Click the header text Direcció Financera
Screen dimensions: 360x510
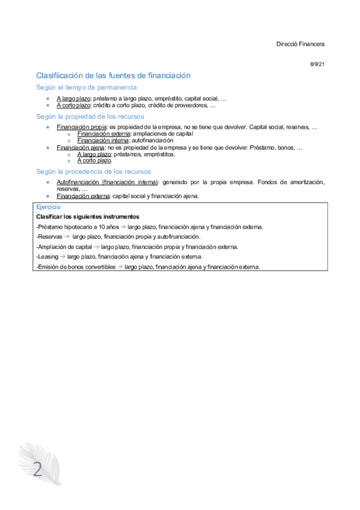tap(301, 44)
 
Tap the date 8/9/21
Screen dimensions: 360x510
tap(317, 64)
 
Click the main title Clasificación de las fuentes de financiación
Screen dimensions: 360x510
tap(114, 75)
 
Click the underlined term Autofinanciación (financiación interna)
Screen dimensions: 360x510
tap(107, 182)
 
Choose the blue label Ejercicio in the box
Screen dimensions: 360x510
tap(49, 207)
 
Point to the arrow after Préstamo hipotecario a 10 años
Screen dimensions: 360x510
tap(123, 227)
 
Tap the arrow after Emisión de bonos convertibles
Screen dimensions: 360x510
tap(120, 267)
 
